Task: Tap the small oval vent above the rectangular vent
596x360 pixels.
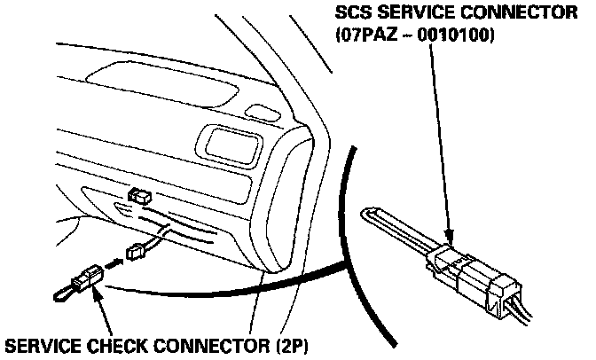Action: coord(258,111)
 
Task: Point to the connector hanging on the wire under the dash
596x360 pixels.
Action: coord(137,251)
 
